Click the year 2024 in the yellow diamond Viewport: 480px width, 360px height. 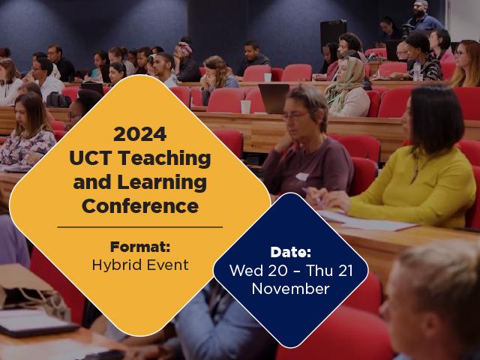[139, 135]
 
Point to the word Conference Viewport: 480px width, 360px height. [140, 205]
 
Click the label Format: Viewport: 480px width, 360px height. [139, 246]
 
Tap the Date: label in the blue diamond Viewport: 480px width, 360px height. [290, 253]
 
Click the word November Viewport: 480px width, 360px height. [290, 288]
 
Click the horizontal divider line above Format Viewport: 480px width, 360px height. [139, 226]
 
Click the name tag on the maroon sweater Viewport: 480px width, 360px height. [301, 177]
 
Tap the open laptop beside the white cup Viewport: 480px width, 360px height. [274, 98]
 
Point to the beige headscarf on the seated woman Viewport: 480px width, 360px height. [348, 82]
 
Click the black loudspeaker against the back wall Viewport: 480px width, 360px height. [333, 34]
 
